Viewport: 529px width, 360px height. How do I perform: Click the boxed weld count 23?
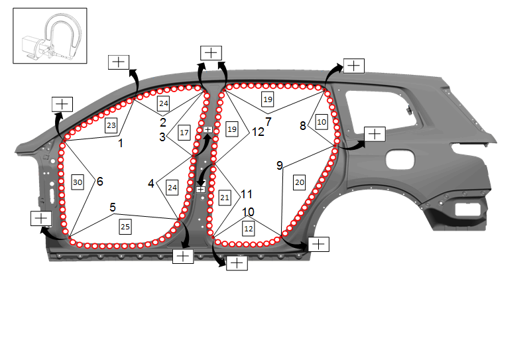pos(111,125)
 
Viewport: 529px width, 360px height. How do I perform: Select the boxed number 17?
pos(184,132)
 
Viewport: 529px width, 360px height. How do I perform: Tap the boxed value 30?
pos(78,182)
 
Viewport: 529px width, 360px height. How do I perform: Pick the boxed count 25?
pos(125,227)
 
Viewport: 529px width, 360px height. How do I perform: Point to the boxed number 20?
pos(300,182)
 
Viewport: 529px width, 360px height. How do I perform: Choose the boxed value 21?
pos(225,198)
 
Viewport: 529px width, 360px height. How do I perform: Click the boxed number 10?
pos(322,122)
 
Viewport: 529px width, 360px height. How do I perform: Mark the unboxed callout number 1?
pos(121,143)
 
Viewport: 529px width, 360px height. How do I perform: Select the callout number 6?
pos(100,182)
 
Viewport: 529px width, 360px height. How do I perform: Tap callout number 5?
pos(113,207)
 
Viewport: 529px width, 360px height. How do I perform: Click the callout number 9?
pos(280,165)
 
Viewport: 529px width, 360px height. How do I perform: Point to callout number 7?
pos(268,121)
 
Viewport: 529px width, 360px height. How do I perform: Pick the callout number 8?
pos(303,125)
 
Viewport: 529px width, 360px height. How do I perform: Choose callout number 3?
pos(162,137)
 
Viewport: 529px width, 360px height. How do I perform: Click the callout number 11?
pos(247,194)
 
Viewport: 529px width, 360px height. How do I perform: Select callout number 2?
pos(163,122)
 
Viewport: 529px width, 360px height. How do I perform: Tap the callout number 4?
pos(150,184)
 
